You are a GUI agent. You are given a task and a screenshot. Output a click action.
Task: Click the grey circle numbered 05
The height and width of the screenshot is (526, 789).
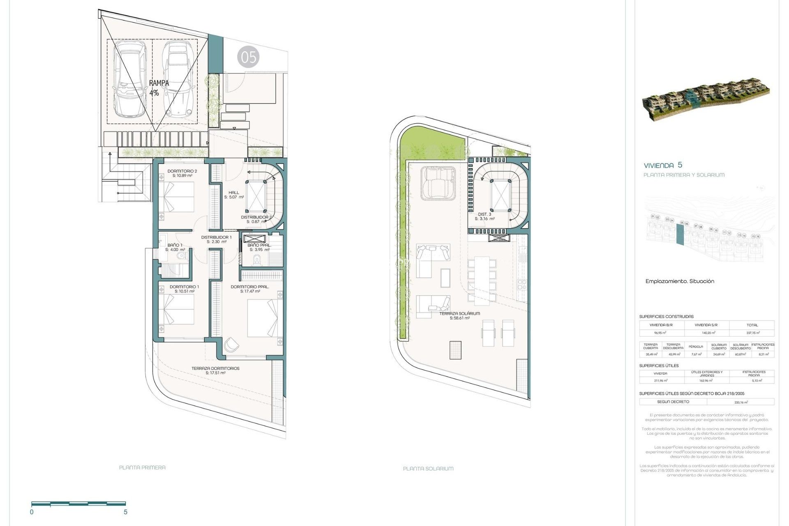click(x=248, y=57)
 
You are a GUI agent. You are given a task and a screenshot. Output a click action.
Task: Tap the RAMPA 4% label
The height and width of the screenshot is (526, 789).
click(x=159, y=88)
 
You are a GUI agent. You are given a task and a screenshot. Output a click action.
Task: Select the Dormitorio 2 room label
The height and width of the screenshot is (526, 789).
click(x=182, y=173)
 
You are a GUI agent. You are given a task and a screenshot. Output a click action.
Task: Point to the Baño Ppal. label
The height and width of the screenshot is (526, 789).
click(x=259, y=247)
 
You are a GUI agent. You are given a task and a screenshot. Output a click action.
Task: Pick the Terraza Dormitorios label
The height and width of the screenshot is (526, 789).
click(x=215, y=370)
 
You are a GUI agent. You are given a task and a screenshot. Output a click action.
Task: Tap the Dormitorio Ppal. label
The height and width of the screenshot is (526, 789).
click(x=250, y=289)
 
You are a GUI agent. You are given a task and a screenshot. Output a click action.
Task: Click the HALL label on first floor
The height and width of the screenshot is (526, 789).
click(x=234, y=194)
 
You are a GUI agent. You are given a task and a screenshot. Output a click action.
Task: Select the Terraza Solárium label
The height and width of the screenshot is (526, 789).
click(x=459, y=316)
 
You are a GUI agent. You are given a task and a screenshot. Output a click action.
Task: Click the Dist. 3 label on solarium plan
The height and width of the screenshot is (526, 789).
click(x=484, y=216)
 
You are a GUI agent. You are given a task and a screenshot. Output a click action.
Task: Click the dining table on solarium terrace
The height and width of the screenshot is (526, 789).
click(x=481, y=280)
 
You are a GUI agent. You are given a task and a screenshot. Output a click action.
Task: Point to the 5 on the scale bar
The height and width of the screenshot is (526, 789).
click(x=125, y=512)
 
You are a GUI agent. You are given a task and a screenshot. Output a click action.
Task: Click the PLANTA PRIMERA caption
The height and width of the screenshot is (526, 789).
click(x=142, y=467)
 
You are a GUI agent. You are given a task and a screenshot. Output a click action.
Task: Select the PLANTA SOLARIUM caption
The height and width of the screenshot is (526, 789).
click(x=428, y=468)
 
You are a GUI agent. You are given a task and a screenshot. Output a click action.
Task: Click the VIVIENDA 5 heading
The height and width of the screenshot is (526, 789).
click(x=663, y=165)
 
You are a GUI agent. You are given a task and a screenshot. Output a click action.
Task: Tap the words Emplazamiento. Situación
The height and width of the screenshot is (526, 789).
click(x=680, y=281)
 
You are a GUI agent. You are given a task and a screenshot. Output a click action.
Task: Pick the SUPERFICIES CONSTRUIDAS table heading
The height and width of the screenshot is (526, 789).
click(x=666, y=316)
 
